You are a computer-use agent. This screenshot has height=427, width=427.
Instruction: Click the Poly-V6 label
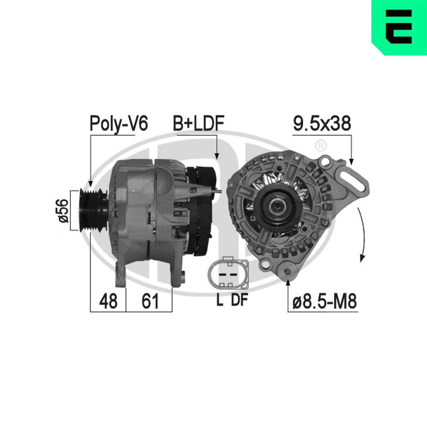(118, 123)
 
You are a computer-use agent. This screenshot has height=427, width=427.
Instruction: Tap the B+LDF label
(199, 123)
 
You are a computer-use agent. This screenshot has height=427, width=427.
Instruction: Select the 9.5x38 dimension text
(322, 123)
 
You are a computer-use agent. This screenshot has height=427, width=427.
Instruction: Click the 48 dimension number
(108, 301)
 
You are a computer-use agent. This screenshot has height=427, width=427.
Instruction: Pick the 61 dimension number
(150, 301)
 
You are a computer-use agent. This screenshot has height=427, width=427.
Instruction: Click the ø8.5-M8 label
(325, 302)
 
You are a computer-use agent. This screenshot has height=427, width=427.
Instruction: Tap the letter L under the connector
(219, 300)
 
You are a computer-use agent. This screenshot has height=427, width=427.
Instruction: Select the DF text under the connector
(239, 300)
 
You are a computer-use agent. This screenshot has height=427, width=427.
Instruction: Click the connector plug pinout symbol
(228, 273)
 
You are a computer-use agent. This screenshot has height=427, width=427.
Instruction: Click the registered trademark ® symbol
(320, 146)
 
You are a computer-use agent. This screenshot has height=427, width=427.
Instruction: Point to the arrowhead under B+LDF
(216, 155)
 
